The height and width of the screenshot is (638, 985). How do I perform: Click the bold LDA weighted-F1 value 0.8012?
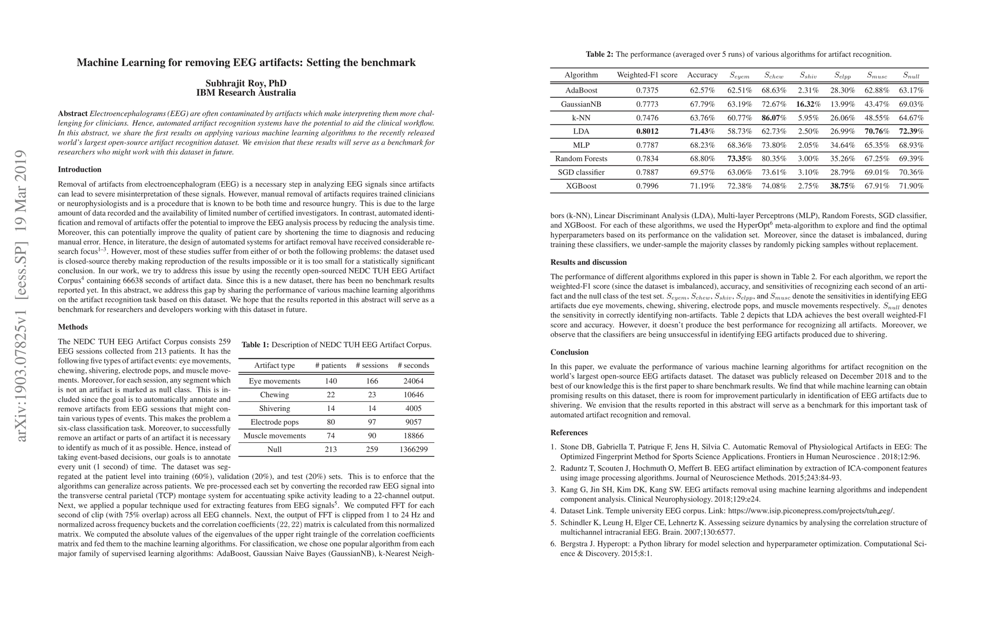pos(647,131)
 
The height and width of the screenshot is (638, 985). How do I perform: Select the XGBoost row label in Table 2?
pos(581,186)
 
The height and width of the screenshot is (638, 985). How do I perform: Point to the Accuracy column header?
pos(702,75)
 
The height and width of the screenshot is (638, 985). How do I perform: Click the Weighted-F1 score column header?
pos(647,75)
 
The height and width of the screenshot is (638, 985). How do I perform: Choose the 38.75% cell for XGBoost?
pos(843,186)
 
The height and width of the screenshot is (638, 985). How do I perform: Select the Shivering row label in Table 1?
pos(274,408)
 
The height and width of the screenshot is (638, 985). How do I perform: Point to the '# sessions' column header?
pos(371,365)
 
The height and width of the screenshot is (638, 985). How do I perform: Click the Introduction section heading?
pos(79,170)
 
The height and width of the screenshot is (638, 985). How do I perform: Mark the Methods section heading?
pos(72,327)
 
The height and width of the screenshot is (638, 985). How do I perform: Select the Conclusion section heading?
pos(569,352)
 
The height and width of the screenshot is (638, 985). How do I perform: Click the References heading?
pos(568,432)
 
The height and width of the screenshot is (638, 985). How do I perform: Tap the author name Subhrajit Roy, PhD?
pos(246,83)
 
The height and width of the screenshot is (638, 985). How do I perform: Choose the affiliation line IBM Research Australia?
pos(246,93)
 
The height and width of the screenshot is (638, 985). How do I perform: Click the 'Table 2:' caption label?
pos(599,54)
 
